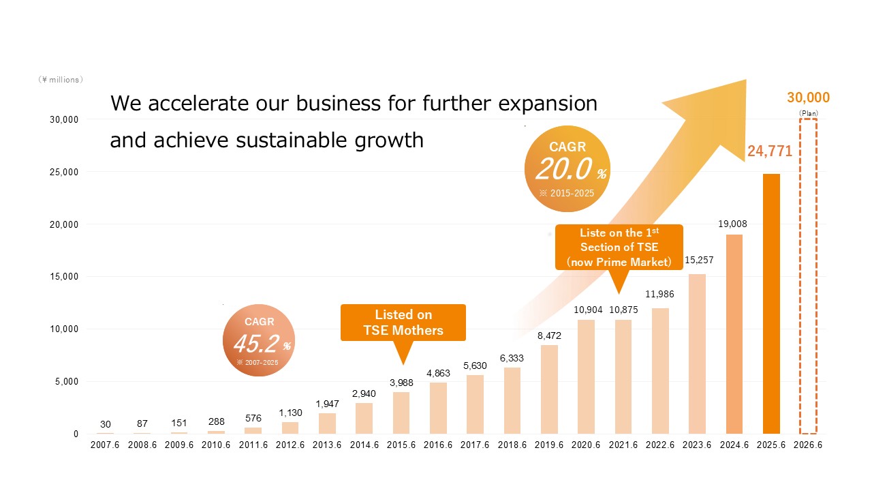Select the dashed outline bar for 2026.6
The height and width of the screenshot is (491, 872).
click(x=808, y=277)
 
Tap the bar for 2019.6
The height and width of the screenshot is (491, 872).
click(x=550, y=389)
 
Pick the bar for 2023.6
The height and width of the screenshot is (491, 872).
click(x=697, y=354)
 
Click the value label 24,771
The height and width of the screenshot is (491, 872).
click(x=770, y=151)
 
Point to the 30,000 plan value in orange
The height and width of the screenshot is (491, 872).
click(x=808, y=98)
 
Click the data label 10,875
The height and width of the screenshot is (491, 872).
click(x=623, y=310)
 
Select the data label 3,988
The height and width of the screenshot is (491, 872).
click(x=402, y=383)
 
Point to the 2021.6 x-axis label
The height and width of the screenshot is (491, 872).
click(x=623, y=444)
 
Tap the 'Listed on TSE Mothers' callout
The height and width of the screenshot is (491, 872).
click(x=403, y=323)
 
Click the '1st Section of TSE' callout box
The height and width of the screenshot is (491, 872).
click(x=619, y=247)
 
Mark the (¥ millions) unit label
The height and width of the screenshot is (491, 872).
click(x=61, y=80)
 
